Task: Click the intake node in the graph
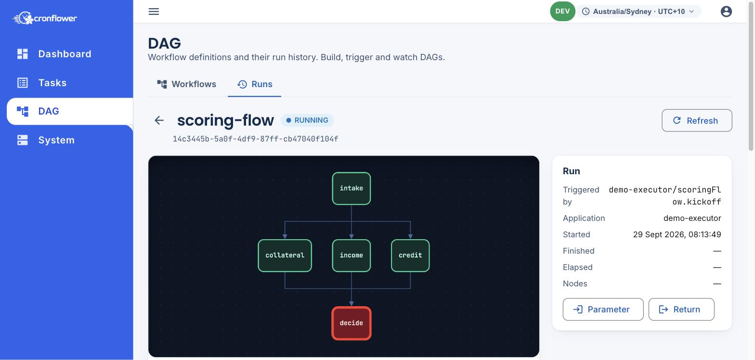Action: coord(351,188)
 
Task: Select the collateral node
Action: coord(285,255)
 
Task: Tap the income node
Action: coord(351,255)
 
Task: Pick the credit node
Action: coord(410,255)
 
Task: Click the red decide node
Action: coord(351,323)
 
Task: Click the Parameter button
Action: coord(603,309)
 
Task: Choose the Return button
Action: coord(681,309)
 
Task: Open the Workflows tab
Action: coord(187,84)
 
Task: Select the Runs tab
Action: coord(254,84)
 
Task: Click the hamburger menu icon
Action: coord(154,12)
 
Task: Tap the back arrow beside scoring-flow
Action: coord(159,120)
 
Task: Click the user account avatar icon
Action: coord(726,12)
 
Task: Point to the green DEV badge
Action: coord(562,11)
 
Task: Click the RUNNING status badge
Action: coord(307,120)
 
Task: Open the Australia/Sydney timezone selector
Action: coord(638,12)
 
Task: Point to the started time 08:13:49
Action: coord(705,234)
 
